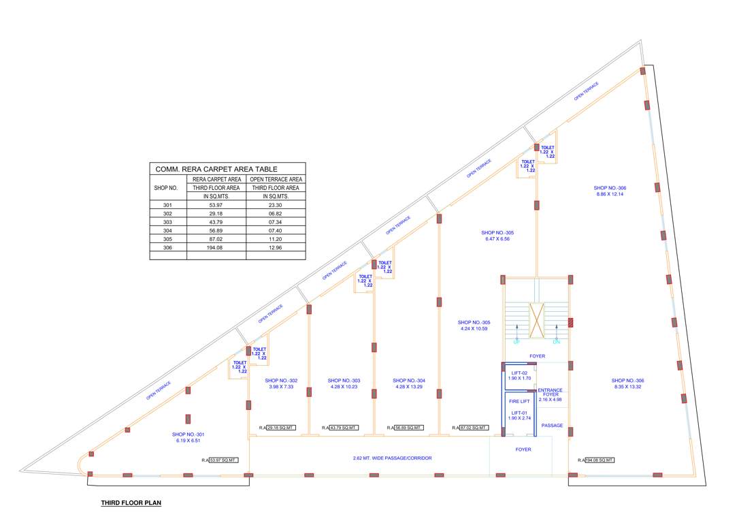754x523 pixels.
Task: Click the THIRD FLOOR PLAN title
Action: (x=131, y=504)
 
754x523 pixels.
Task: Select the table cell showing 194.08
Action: (x=216, y=248)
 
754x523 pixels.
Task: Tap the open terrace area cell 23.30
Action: (x=276, y=205)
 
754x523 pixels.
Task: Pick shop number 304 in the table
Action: (x=168, y=231)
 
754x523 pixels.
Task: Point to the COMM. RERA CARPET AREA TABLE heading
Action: (x=216, y=169)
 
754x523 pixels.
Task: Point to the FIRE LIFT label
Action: (x=520, y=401)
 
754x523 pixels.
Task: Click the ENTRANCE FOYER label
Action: (x=550, y=393)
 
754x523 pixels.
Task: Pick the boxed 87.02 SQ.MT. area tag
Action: (x=474, y=428)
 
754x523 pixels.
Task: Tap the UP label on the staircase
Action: (x=516, y=341)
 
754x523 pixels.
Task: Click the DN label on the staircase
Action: (x=556, y=341)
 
